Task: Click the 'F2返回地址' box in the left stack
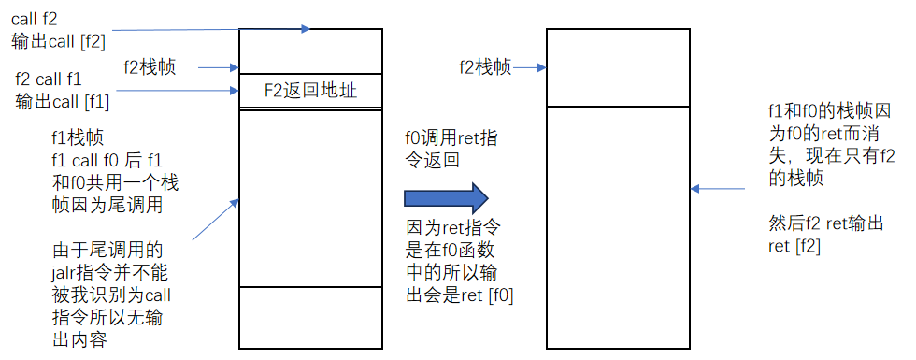[310, 91]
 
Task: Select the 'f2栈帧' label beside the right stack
[484, 66]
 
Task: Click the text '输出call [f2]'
[59, 41]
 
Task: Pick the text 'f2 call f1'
[50, 80]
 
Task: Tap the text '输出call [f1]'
[63, 101]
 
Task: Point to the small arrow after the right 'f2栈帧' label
[529, 67]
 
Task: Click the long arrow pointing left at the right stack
[719, 189]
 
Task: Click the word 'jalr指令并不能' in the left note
[107, 272]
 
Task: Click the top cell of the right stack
[618, 67]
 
